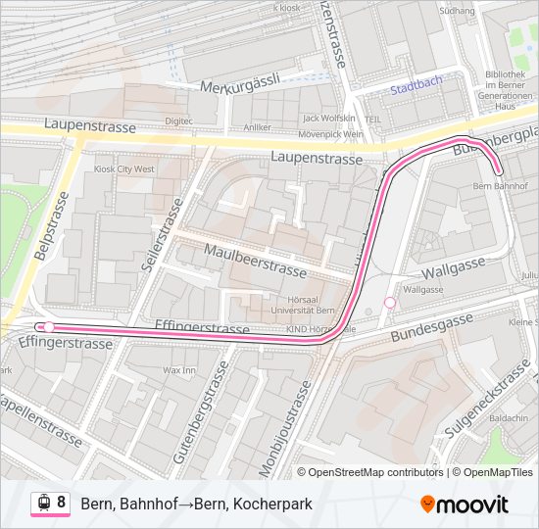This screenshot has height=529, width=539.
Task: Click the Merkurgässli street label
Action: (x=240, y=85)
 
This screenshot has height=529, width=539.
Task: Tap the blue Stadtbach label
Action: (x=416, y=88)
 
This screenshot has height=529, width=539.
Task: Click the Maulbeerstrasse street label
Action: (x=255, y=260)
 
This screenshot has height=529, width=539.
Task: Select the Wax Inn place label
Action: (x=179, y=371)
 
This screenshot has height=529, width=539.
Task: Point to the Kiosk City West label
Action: (x=123, y=169)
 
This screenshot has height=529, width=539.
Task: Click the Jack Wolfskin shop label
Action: (x=328, y=118)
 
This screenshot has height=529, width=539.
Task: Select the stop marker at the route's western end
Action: (x=48, y=327)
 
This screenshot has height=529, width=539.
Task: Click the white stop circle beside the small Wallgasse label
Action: (x=390, y=303)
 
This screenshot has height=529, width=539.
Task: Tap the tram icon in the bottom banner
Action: (x=44, y=504)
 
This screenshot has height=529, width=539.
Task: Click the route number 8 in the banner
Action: (x=61, y=503)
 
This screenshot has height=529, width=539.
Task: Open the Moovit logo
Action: (x=465, y=505)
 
